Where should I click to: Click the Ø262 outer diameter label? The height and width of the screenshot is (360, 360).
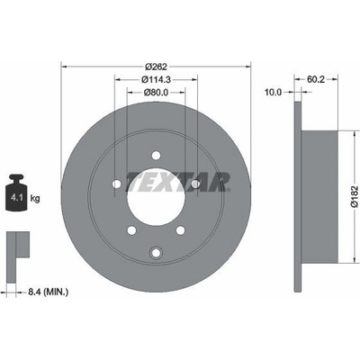[x=156, y=67]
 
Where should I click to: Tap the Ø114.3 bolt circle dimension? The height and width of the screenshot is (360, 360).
[x=156, y=79]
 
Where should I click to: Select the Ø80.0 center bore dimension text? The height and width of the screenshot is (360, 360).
[x=156, y=93]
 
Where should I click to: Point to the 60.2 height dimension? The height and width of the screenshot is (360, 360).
[x=316, y=79]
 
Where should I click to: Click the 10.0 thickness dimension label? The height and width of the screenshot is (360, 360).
[x=274, y=93]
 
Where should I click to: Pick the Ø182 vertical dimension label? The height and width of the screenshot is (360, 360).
[x=355, y=196]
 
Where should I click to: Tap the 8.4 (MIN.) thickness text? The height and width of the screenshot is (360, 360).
[x=48, y=292]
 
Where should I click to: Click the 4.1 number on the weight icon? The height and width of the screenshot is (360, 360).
[x=15, y=198]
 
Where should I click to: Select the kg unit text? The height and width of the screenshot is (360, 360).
[x=35, y=198]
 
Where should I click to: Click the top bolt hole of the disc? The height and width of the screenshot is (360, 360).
[x=156, y=156]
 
